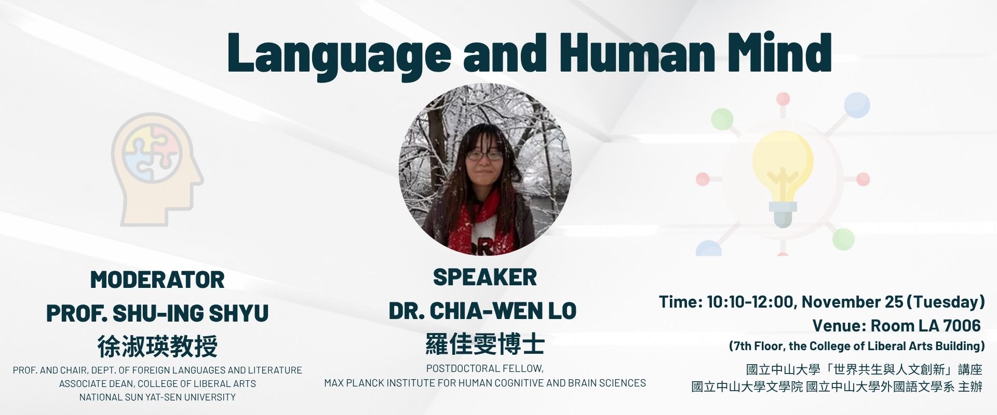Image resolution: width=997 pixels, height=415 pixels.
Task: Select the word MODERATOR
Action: [157, 280]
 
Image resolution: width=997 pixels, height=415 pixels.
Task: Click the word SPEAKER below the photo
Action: [485, 278]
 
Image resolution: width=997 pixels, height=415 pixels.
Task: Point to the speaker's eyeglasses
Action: [484, 155]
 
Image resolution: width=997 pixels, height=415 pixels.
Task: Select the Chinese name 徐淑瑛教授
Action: [157, 346]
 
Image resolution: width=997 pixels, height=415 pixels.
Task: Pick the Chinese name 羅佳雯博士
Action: [485, 343]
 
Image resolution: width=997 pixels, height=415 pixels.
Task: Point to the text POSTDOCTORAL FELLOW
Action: [485, 369]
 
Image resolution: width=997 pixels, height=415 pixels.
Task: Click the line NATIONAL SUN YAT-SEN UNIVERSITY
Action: [157, 397]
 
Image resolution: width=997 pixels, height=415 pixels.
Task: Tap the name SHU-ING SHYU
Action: [191, 313]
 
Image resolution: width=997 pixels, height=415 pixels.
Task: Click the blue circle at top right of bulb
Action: [857, 105]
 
